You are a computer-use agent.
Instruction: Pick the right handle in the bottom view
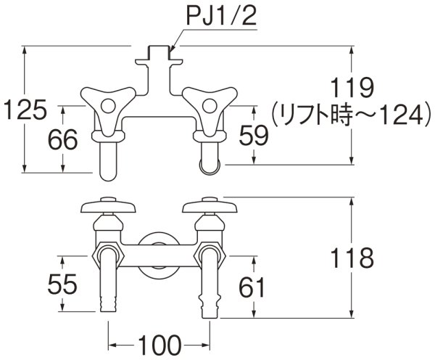(x=210, y=205)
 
